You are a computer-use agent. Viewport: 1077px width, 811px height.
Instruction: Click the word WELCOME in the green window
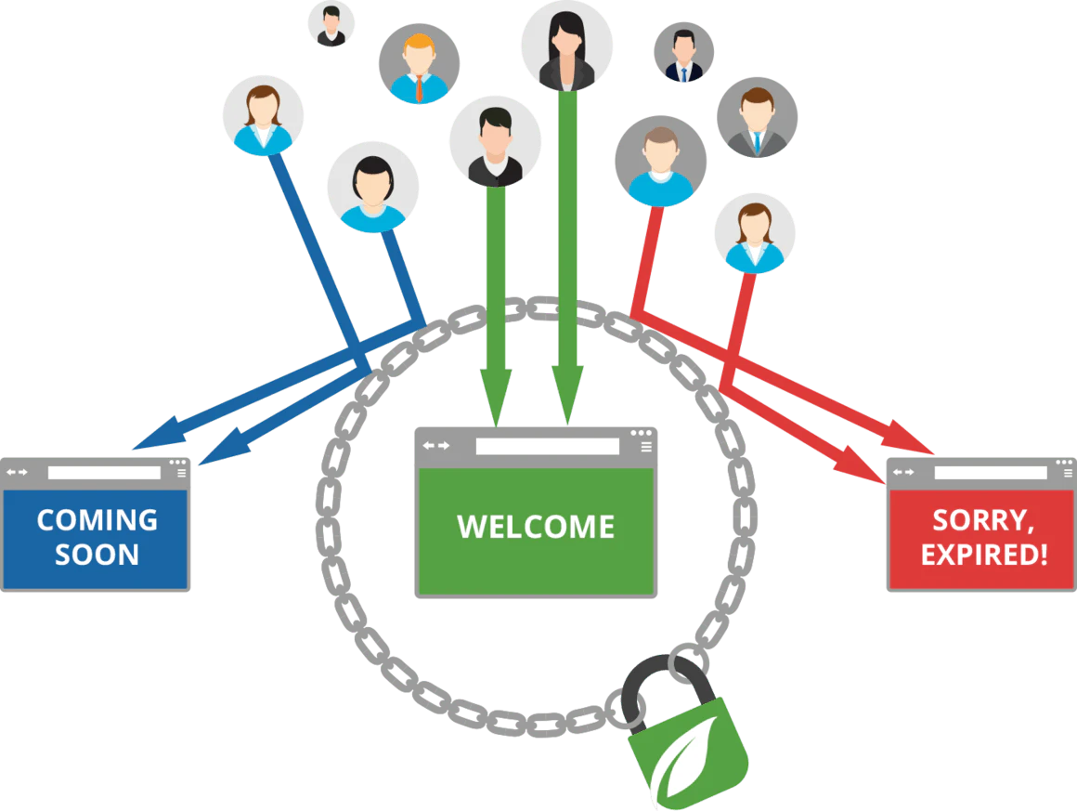tap(536, 527)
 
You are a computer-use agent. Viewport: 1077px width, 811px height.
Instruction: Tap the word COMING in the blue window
tap(97, 519)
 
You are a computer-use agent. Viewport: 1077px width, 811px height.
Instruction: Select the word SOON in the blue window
tap(97, 555)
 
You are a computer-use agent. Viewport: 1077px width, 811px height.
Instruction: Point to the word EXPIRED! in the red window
tap(984, 556)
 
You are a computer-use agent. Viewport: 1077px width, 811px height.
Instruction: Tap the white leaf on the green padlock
tap(684, 758)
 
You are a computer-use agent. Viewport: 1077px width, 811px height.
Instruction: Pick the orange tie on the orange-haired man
tap(419, 87)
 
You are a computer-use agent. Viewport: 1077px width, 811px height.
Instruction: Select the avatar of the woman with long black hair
tap(566, 46)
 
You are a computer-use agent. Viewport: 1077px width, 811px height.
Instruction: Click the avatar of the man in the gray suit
tap(757, 117)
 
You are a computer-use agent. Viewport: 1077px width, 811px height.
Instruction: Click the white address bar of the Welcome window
tap(547, 447)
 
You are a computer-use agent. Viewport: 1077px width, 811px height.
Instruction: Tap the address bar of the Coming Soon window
tap(104, 472)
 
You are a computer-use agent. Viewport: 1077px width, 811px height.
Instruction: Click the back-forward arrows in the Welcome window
tap(435, 446)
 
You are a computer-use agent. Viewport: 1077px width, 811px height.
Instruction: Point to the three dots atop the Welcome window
tap(641, 433)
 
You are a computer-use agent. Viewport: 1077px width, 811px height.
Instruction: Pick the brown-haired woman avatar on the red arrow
tap(755, 233)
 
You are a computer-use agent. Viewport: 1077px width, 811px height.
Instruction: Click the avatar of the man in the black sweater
tap(494, 140)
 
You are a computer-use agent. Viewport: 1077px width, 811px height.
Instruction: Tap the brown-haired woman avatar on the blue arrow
tap(263, 115)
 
